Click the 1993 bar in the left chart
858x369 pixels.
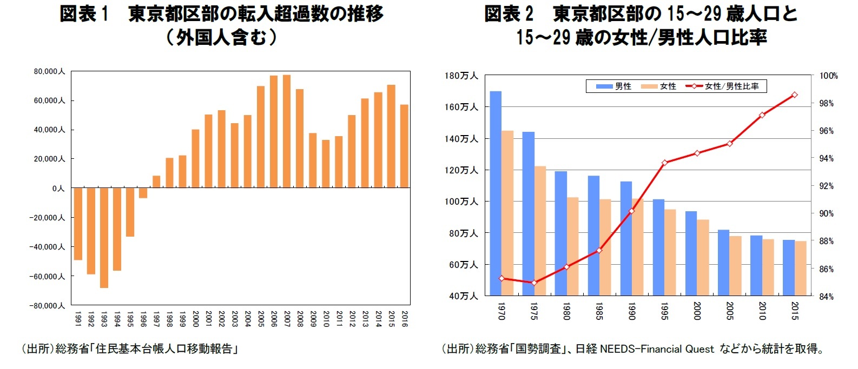[104, 238]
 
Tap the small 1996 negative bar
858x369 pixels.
[143, 193]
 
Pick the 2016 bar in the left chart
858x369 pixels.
[404, 146]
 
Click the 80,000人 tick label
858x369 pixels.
[49, 71]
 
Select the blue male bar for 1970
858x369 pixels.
[496, 193]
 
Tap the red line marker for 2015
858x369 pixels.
[794, 95]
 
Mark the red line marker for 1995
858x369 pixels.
[664, 162]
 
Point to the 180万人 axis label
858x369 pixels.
[461, 76]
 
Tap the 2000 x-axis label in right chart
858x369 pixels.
[697, 311]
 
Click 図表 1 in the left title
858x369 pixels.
[84, 14]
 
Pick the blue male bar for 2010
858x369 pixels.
[756, 265]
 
